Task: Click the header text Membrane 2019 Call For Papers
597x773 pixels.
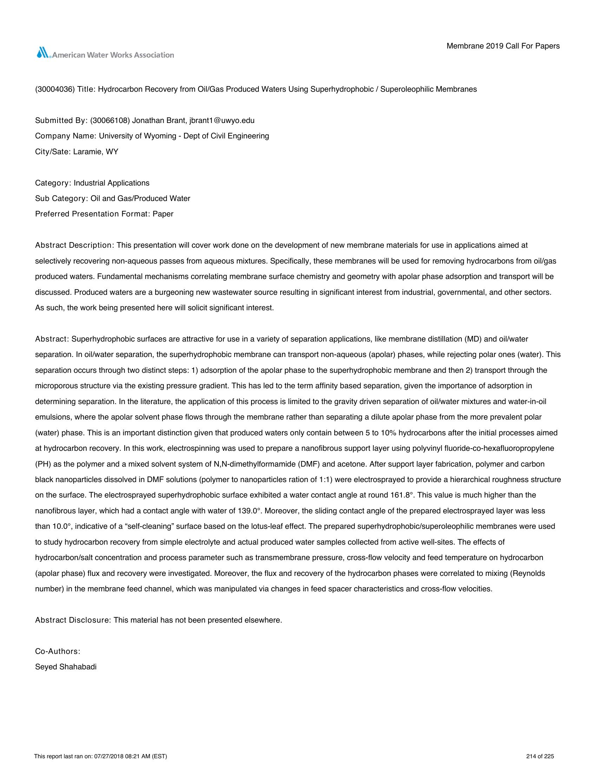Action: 503,46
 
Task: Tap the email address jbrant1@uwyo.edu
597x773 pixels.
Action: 222,120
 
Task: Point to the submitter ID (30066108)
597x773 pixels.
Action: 110,120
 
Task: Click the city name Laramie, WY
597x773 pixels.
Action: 96,152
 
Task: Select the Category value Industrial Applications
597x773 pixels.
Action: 111,183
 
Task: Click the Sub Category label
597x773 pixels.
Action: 61,199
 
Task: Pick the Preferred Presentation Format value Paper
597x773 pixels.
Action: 163,214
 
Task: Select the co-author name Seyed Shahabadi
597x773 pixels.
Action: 66,667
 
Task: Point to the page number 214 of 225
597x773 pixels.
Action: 540,756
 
